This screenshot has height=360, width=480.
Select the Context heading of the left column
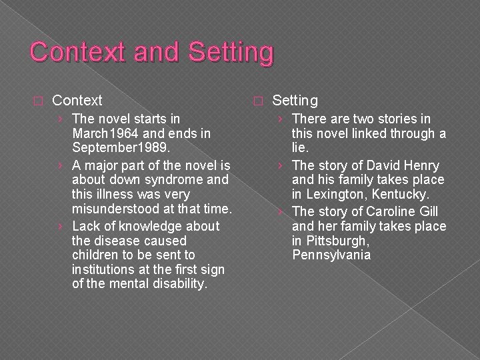point(77,101)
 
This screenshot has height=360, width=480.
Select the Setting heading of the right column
point(295,101)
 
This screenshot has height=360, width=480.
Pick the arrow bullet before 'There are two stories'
point(280,119)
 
